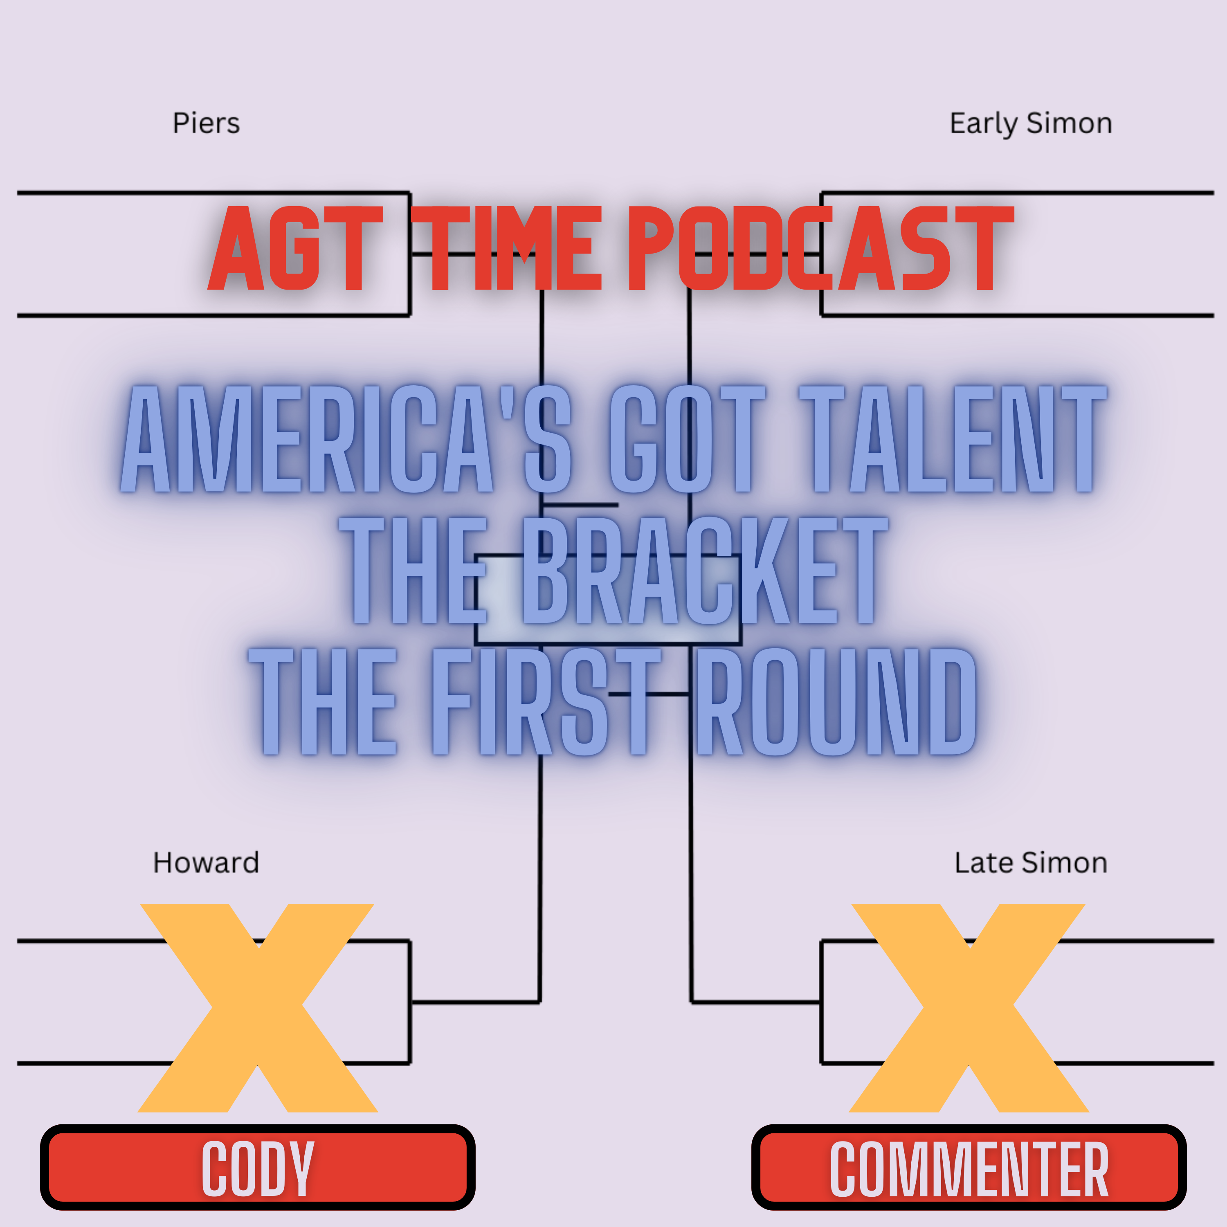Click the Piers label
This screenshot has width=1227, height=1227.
[207, 123]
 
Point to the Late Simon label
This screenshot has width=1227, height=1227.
[1031, 863]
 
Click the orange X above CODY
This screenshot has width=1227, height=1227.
[258, 1008]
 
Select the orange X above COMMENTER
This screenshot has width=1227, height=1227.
[969, 1008]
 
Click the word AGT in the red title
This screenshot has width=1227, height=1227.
[296, 248]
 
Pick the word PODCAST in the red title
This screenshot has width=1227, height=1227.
[821, 248]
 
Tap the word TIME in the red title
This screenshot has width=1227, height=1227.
[506, 248]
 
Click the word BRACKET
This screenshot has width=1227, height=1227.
[703, 570]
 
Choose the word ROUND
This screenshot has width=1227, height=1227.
[836, 701]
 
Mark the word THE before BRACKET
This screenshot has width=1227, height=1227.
[413, 570]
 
